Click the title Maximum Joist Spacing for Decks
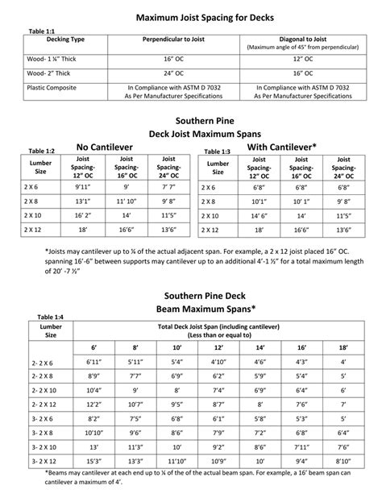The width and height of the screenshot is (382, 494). (x=191, y=15)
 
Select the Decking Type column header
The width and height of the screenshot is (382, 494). (x=66, y=39)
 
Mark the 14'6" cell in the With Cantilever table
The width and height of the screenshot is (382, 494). (x=259, y=217)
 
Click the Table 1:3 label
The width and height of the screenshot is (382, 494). (x=216, y=152)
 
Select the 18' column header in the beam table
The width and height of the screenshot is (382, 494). (x=343, y=347)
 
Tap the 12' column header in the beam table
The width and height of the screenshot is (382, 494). (x=218, y=347)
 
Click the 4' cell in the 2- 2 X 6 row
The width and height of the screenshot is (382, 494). (x=343, y=362)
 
